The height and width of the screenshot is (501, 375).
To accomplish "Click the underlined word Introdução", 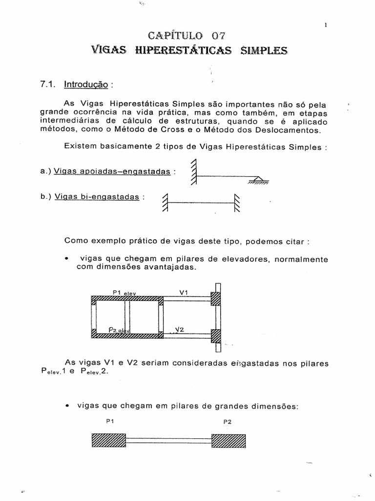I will (86, 84).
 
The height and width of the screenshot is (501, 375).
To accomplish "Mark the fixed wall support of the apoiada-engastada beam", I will (194, 173).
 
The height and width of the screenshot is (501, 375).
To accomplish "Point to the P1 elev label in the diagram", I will (124, 292).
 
